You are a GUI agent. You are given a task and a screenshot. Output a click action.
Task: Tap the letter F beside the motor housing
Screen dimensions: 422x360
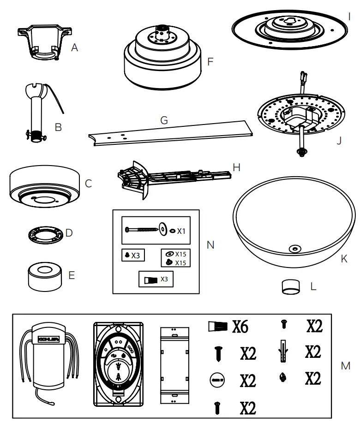pos(210,60)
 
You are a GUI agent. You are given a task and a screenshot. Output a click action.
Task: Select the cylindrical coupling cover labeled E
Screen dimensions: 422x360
pos(45,276)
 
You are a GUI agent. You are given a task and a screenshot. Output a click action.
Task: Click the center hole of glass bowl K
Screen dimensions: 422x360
pos(294,249)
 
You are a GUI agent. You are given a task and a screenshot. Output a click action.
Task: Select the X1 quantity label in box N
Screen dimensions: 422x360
pos(181,230)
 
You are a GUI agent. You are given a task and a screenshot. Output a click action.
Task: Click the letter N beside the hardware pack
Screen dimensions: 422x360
pos(210,245)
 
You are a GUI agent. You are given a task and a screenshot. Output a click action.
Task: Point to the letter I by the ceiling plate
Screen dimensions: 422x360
pos(350,17)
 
